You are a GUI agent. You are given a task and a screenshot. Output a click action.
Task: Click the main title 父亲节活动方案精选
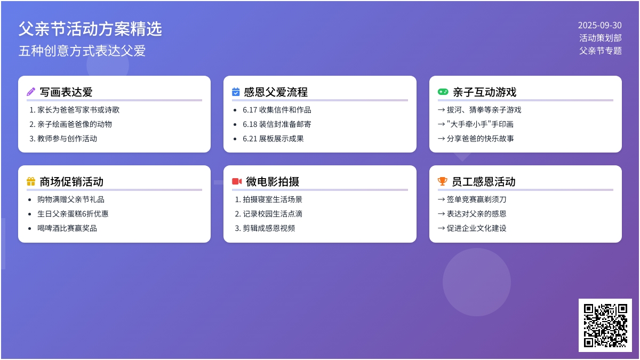coord(90,29)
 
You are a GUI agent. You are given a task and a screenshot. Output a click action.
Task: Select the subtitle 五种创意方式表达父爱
coord(82,51)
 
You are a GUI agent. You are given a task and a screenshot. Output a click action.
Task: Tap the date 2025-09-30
coord(599,26)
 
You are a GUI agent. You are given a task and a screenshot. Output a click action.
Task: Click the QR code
coord(605,325)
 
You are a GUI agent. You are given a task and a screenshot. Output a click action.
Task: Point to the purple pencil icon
coord(31,92)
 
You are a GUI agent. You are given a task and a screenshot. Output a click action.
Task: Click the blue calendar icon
coord(236,92)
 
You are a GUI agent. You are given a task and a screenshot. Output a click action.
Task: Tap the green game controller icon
coord(443,92)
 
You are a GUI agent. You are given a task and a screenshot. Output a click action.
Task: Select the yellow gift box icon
coord(31,181)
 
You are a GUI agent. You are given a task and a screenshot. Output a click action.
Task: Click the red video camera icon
coord(237,181)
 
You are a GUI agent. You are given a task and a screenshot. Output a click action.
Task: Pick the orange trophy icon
coord(442,181)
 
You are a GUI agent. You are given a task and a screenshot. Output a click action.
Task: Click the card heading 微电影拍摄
coord(273,182)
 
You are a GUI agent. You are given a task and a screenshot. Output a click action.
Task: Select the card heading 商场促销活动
coord(71,182)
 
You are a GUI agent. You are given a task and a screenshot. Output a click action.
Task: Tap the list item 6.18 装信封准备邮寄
coord(277,124)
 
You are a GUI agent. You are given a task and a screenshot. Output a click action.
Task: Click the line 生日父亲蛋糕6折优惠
coord(73,214)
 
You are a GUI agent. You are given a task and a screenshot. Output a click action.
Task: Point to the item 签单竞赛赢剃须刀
coord(477,199)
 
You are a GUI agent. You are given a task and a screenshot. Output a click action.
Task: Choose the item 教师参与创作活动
coord(67,139)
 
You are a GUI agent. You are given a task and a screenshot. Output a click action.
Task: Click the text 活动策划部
coord(601,38)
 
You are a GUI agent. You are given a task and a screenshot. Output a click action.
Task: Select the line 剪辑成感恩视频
coord(269,228)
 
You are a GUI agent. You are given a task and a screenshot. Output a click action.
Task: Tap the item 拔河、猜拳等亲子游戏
coord(484,110)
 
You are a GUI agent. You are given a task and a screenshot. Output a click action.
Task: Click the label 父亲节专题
coord(601,51)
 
